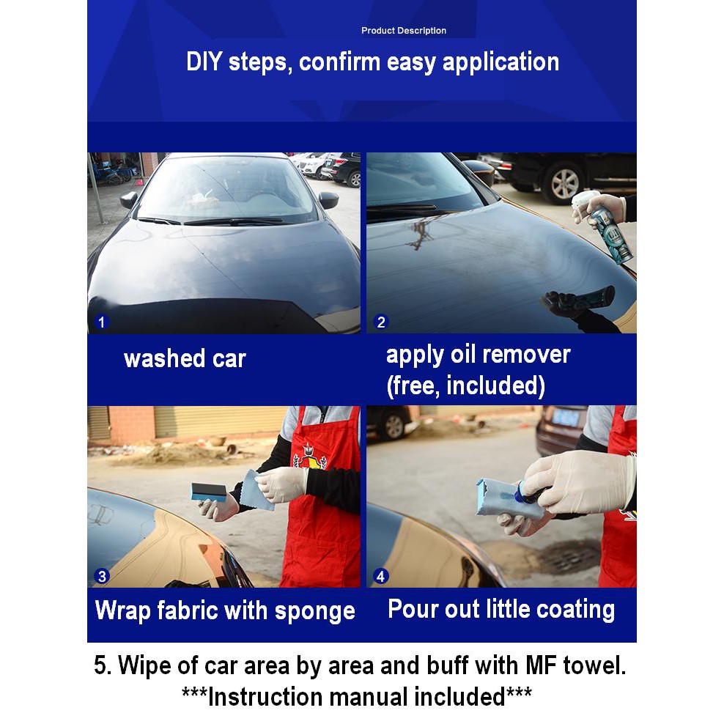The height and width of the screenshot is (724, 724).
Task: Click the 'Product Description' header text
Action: (x=404, y=31)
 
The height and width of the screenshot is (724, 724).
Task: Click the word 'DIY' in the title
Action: (x=204, y=62)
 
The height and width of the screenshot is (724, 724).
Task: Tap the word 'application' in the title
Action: (x=501, y=62)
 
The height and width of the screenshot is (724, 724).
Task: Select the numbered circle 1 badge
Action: (x=102, y=322)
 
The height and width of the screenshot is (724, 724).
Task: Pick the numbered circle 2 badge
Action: (x=380, y=322)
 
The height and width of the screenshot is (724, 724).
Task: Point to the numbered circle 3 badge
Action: (x=102, y=576)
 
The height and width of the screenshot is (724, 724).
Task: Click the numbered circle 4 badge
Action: (x=380, y=576)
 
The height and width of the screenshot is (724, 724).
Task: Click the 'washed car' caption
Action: (x=185, y=359)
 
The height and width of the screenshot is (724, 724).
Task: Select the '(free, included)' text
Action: (x=465, y=385)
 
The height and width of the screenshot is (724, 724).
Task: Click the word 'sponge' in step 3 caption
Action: (x=315, y=612)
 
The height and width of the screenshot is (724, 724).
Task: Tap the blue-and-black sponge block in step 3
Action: (x=209, y=492)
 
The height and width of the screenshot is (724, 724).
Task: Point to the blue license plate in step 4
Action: (x=566, y=418)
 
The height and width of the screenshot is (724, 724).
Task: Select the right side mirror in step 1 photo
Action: (x=328, y=200)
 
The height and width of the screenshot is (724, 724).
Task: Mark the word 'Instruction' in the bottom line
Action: (x=264, y=697)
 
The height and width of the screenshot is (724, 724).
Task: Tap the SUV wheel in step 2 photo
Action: (x=564, y=184)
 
